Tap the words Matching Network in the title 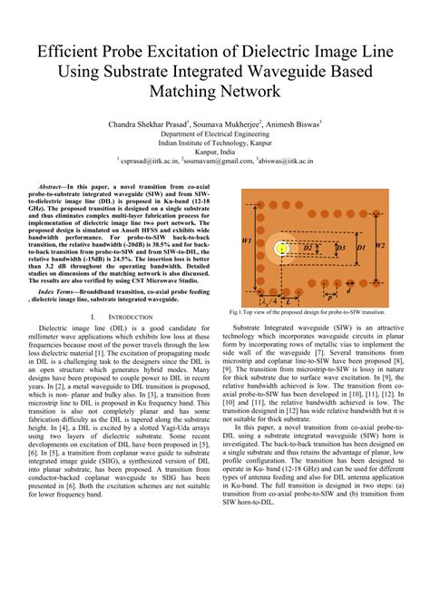point(214,93)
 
